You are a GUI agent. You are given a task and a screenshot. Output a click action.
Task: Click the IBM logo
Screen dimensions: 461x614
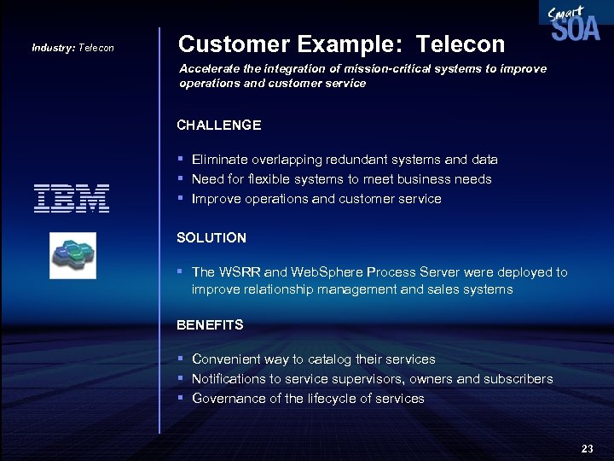(72, 198)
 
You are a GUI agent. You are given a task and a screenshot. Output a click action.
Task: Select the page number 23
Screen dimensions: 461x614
(587, 448)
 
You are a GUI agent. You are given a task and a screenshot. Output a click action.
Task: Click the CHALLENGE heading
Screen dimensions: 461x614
(218, 125)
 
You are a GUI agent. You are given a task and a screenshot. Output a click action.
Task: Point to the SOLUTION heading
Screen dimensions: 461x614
(211, 237)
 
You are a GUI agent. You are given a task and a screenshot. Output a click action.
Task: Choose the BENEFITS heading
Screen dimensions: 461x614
(210, 324)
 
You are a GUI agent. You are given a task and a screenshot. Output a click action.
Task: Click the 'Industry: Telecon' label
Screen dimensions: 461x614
(72, 48)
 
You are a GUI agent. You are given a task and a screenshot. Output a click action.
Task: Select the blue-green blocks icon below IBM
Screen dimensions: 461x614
(72, 254)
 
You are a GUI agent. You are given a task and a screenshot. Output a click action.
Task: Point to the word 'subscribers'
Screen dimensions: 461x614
(518, 379)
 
